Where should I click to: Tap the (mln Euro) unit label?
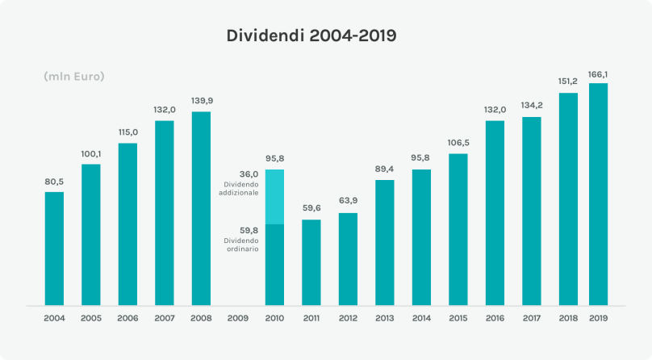74,77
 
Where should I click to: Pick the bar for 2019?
598,195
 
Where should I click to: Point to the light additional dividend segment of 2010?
274,196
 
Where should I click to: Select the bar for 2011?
311,262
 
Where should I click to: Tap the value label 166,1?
598,73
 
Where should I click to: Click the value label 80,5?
54,182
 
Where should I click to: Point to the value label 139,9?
201,101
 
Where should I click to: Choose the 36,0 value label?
249,174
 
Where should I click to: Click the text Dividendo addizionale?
240,189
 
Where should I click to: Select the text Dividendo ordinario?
242,245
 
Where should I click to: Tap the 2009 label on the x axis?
238,318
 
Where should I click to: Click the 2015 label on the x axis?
458,318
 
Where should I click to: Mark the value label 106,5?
458,143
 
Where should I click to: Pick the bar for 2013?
385,243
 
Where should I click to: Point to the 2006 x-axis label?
127,318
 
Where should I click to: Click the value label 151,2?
568,82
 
